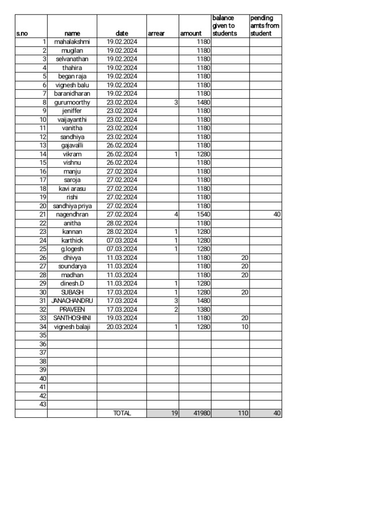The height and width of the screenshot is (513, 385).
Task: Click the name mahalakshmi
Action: tap(72, 42)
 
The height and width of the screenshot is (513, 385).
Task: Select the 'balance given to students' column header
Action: tap(224, 26)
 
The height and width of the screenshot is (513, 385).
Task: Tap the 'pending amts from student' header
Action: tap(265, 26)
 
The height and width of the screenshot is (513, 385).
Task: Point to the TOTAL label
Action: tap(122, 413)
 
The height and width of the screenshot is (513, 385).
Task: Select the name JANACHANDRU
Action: tap(72, 301)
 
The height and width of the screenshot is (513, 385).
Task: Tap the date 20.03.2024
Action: tap(122, 327)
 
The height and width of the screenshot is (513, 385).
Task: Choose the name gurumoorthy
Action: tap(72, 102)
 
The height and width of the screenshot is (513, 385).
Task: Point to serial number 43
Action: tap(43, 404)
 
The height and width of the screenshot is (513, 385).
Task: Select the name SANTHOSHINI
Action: tap(72, 318)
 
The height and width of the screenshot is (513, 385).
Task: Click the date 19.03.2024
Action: tap(122, 318)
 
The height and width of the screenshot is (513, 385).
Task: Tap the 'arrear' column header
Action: tap(156, 34)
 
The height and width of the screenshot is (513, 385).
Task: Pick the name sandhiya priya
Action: tap(72, 206)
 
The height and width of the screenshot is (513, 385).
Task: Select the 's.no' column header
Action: tap(22, 34)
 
